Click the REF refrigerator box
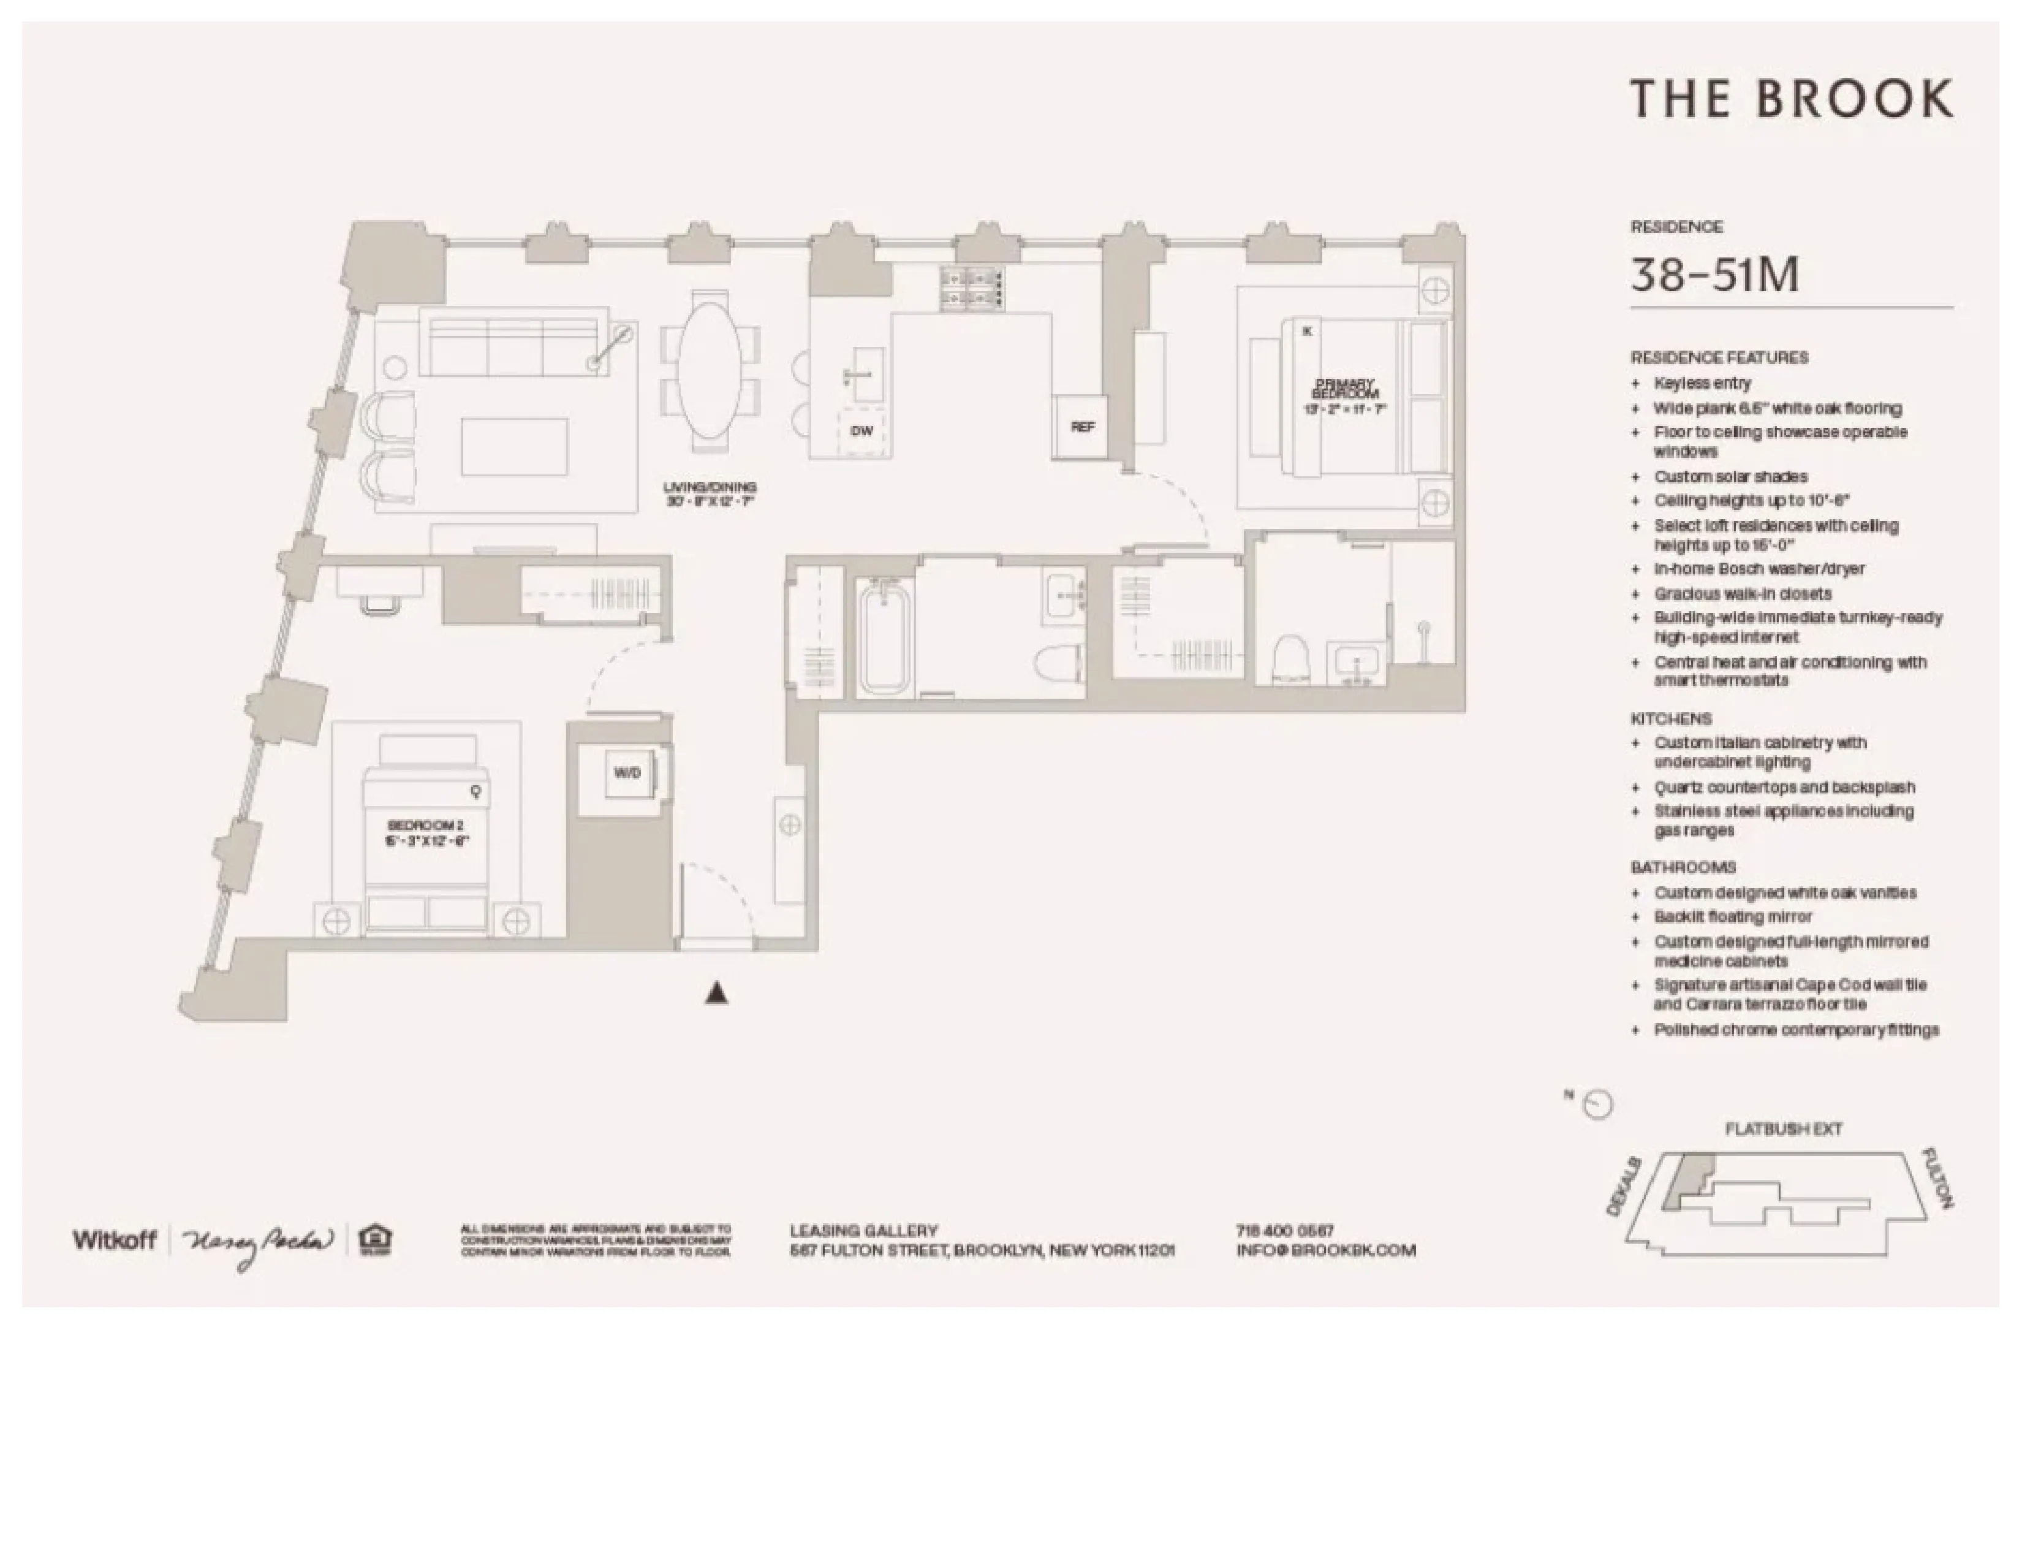[x=1081, y=427]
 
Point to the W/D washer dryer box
[x=627, y=773]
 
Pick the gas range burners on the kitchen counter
[x=972, y=286]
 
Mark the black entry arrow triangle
[x=717, y=994]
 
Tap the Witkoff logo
[x=115, y=1240]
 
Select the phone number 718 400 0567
[x=1284, y=1231]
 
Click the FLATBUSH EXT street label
[x=1782, y=1130]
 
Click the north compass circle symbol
[x=1599, y=1105]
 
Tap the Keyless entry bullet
[x=1702, y=383]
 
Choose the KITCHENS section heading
[x=1671, y=718]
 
